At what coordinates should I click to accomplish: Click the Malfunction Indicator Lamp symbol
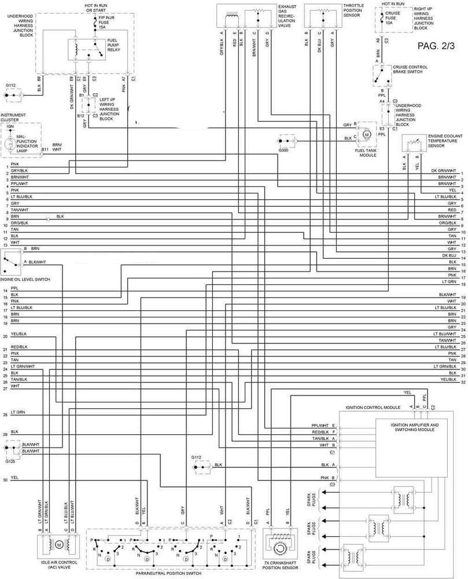pyautogui.click(x=10, y=144)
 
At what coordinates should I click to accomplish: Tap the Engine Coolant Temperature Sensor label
pyautogui.click(x=443, y=141)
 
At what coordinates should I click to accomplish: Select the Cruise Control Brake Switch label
pyautogui.click(x=410, y=69)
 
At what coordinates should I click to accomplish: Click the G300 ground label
pyautogui.click(x=283, y=151)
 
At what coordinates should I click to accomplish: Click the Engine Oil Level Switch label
pyautogui.click(x=25, y=279)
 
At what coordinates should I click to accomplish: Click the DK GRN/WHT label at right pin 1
pyautogui.click(x=448, y=170)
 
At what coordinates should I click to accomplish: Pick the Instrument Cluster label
pyautogui.click(x=13, y=118)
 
